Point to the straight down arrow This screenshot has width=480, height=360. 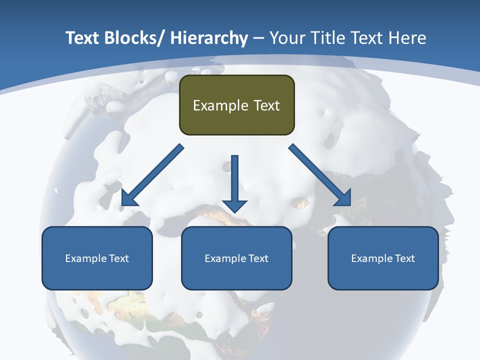click(x=234, y=180)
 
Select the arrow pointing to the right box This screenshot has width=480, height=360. click(x=320, y=175)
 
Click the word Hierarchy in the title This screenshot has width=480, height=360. click(x=209, y=38)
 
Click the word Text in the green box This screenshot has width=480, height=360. click(x=265, y=105)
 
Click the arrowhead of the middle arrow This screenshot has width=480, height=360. click(x=234, y=205)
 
